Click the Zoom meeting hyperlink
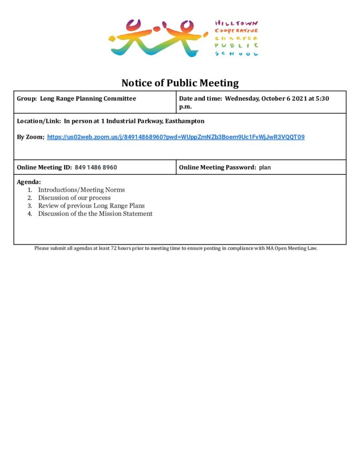[176, 137]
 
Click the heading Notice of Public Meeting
[180, 83]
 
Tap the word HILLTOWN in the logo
[237, 23]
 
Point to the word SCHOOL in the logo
[237, 54]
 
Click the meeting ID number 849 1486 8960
[96, 167]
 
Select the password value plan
[265, 167]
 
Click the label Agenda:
[29, 182]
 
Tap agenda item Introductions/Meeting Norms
[81, 190]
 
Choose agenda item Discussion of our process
[74, 198]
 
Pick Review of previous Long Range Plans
[91, 206]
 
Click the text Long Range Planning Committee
[88, 98]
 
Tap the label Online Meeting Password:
[218, 167]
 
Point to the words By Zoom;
[30, 137]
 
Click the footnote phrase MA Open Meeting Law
[292, 248]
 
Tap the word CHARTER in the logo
[237, 38]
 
